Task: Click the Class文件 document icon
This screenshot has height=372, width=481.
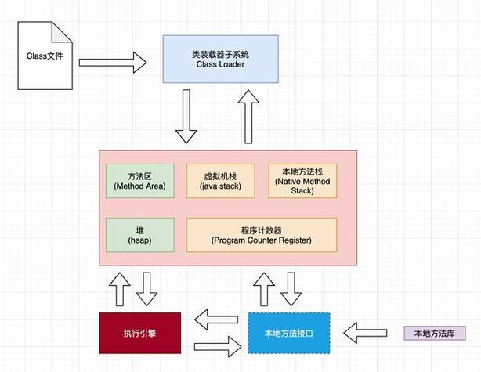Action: click(x=48, y=56)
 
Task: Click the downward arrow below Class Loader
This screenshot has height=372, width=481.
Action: click(x=186, y=116)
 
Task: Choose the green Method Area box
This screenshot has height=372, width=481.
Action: click(x=139, y=180)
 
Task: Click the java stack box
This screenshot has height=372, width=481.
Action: click(x=219, y=180)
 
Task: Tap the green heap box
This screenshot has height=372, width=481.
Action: click(x=139, y=234)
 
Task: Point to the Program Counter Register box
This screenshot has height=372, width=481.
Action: click(x=261, y=234)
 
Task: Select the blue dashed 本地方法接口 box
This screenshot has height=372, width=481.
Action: click(x=288, y=332)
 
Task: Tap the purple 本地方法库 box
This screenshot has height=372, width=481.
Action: click(x=434, y=333)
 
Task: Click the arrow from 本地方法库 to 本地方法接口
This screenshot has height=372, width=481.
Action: click(x=371, y=333)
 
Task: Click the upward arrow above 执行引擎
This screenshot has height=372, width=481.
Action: click(x=120, y=289)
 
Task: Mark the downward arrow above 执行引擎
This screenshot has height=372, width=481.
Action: click(x=147, y=289)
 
